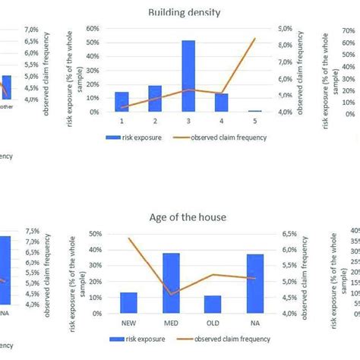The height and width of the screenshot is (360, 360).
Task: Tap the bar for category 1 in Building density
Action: (122, 102)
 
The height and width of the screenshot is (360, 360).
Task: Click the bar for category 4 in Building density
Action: (221, 103)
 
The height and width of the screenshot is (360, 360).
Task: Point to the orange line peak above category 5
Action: (255, 38)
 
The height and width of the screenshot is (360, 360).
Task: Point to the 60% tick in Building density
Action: (95, 28)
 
